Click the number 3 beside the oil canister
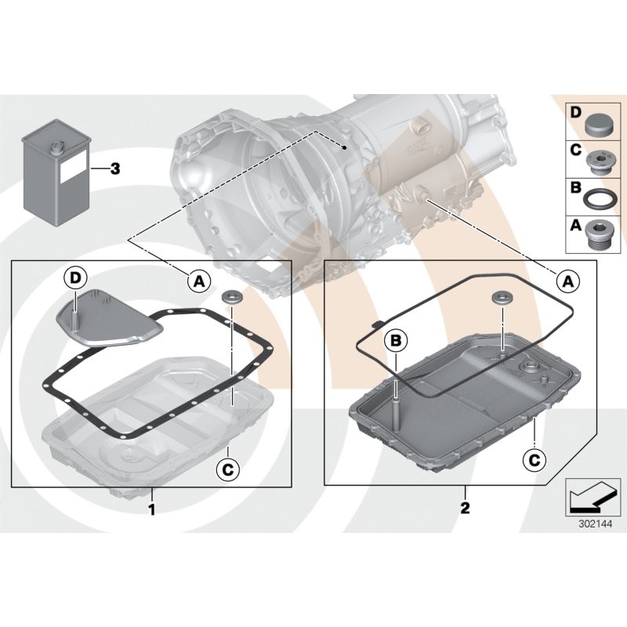[114, 169]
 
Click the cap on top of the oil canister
[59, 147]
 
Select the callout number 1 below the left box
[151, 509]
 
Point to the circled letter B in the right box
[397, 340]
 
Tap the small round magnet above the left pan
[231, 298]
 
